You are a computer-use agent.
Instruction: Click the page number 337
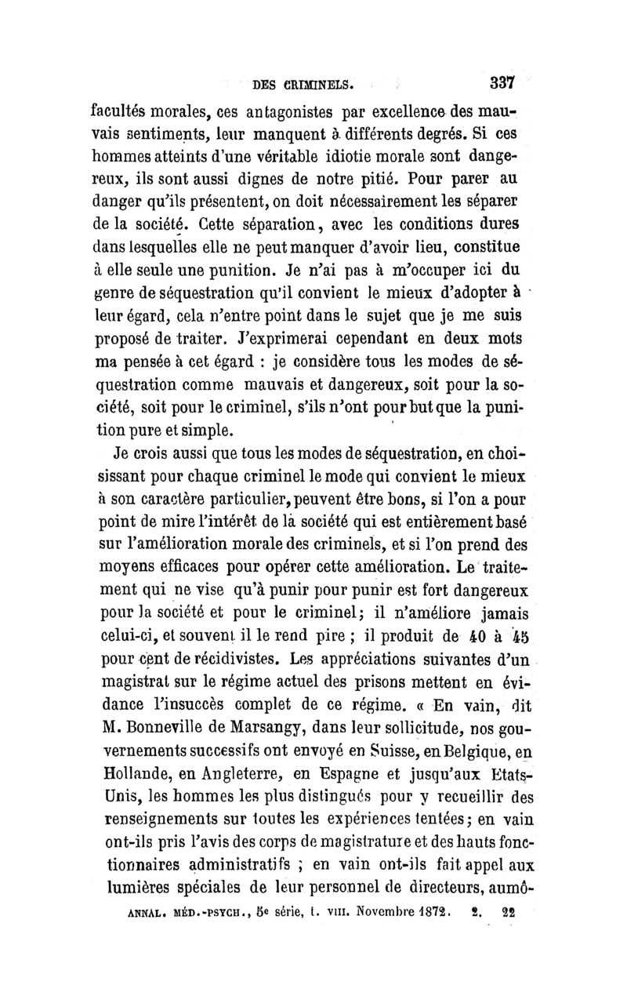pyautogui.click(x=498, y=82)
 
